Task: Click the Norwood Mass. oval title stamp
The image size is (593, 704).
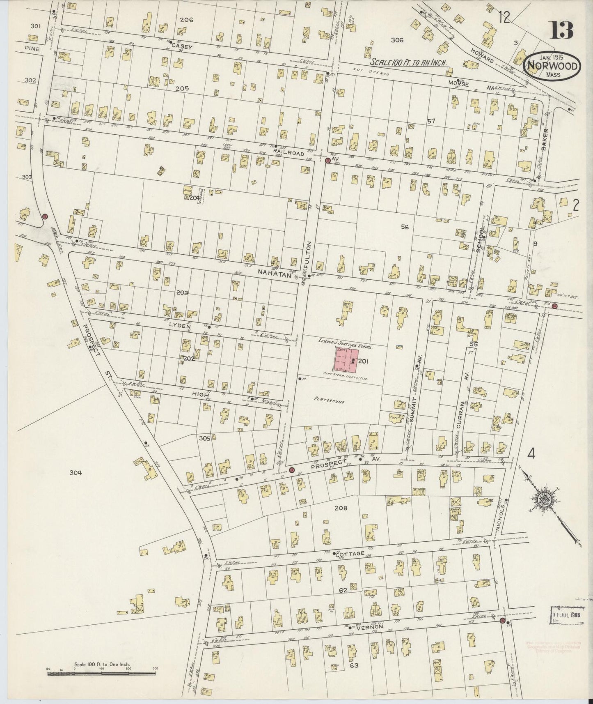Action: click(x=552, y=66)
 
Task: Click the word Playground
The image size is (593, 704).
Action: click(x=329, y=400)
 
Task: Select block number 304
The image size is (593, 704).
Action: click(x=76, y=473)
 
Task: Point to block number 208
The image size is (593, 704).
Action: click(x=341, y=508)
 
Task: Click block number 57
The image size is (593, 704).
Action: click(x=430, y=121)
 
